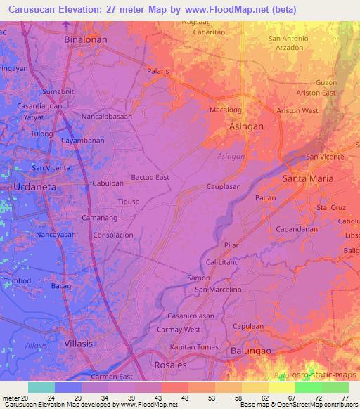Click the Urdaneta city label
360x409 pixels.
[35, 188]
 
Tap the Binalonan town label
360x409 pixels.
[86, 40]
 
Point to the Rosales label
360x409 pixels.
[171, 365]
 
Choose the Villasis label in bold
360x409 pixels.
[79, 344]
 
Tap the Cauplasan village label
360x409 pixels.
[224, 187]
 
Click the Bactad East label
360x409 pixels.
[150, 177]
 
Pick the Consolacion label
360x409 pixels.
[113, 235]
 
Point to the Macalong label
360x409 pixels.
[226, 110]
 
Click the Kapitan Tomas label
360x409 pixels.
[193, 347]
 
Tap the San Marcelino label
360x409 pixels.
[218, 289]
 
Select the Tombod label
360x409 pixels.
[18, 280]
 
